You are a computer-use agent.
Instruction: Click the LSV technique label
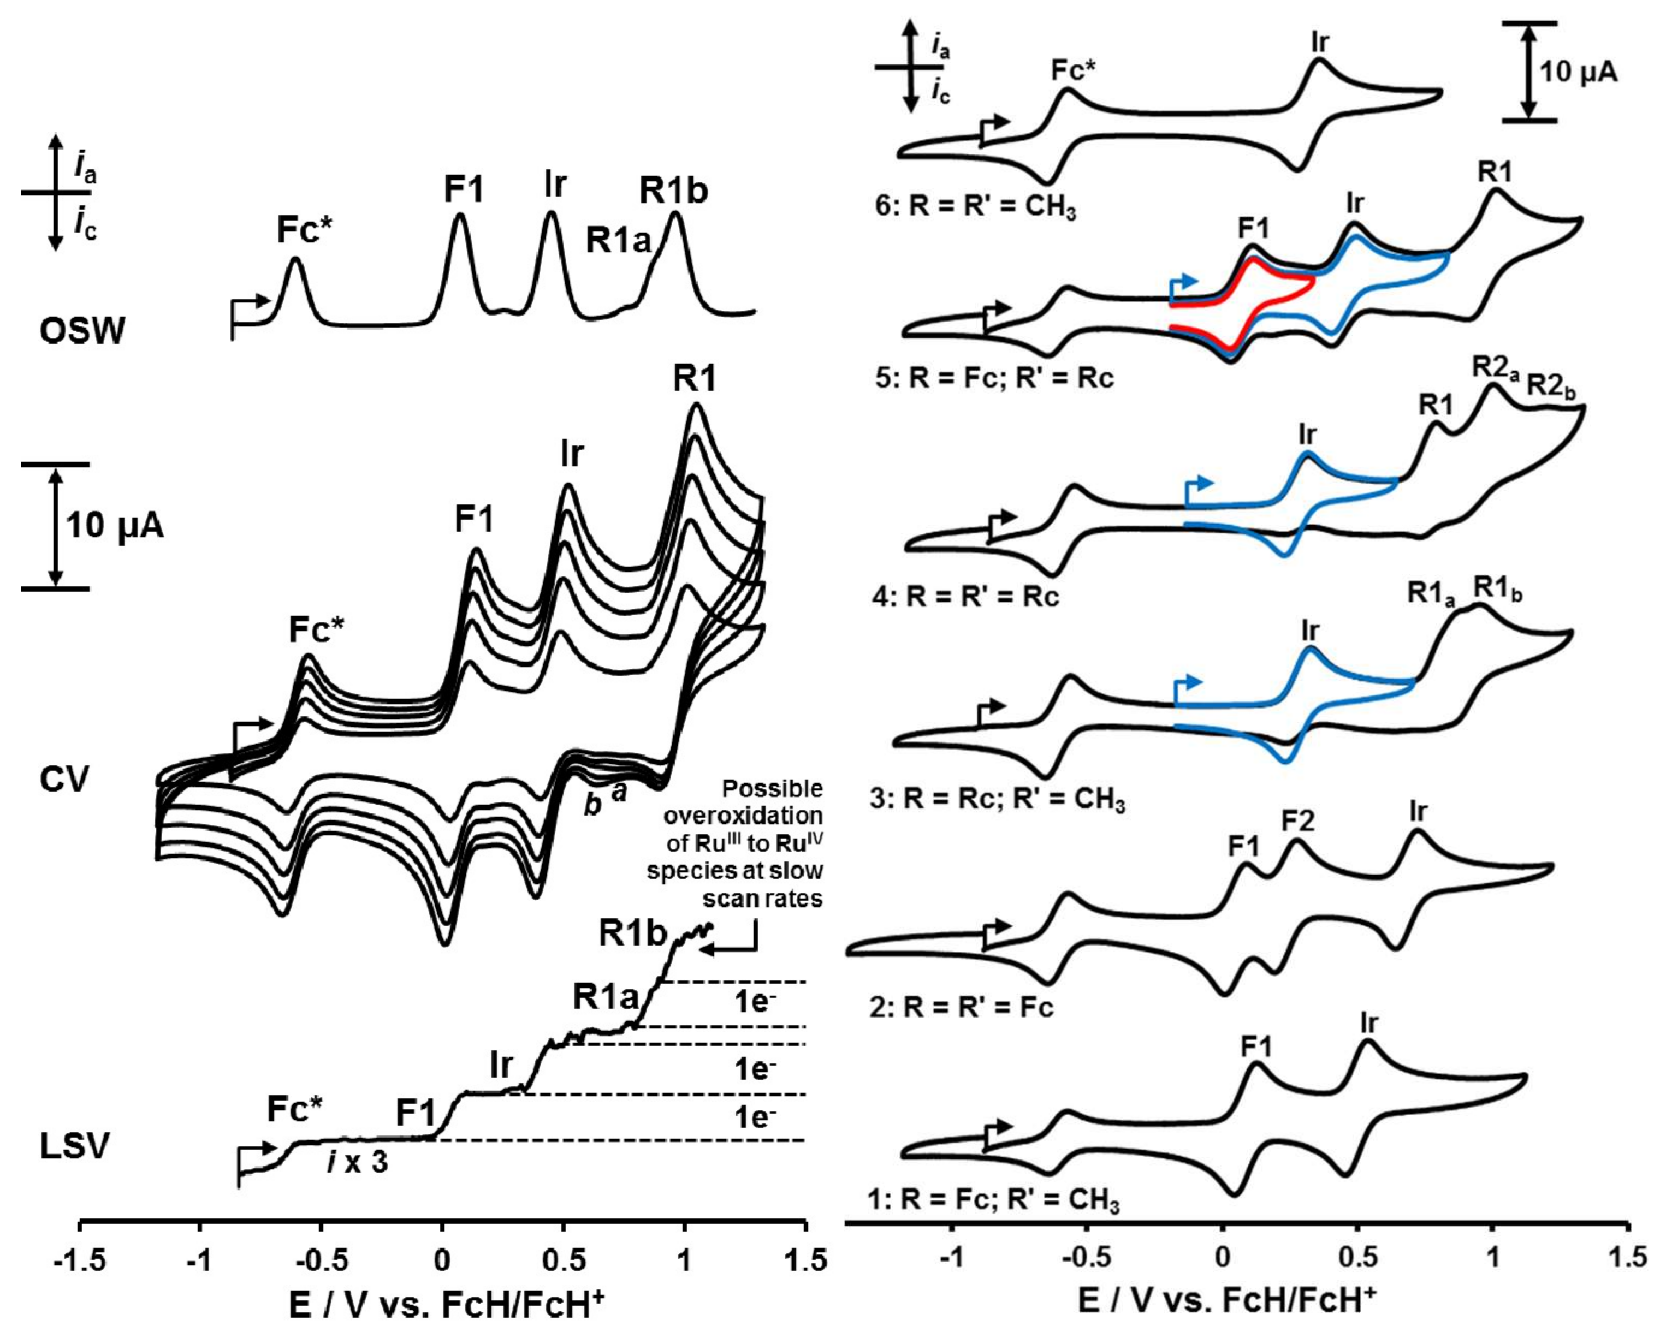click(x=75, y=1146)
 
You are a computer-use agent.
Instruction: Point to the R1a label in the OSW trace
click(x=618, y=240)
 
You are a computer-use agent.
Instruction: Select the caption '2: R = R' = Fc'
click(x=961, y=1007)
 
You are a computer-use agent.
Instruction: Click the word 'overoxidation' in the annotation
click(x=743, y=816)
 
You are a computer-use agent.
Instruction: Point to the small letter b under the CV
click(x=592, y=805)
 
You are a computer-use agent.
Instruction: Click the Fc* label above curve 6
click(x=1074, y=71)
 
